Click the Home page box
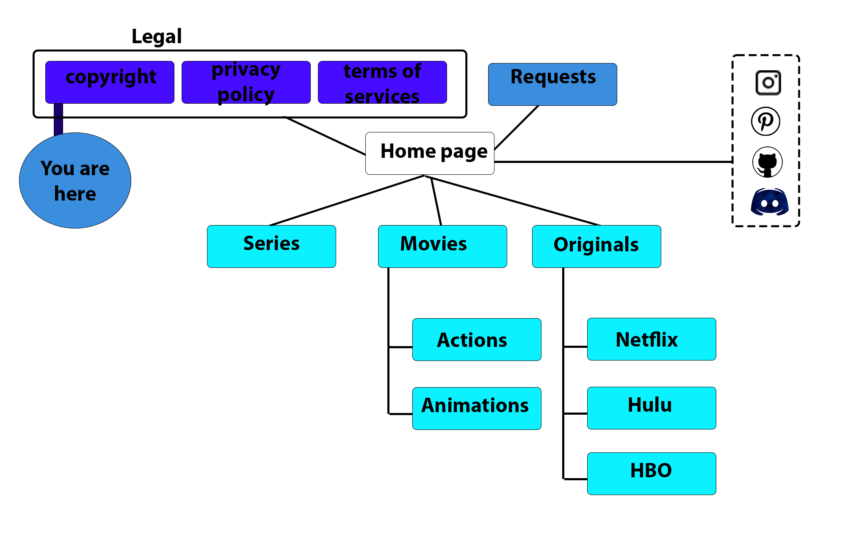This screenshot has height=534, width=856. (430, 153)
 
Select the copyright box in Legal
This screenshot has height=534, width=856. (110, 82)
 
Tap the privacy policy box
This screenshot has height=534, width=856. (246, 82)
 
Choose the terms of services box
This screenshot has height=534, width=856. (382, 82)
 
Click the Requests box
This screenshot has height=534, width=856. (552, 84)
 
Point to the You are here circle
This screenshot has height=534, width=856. (75, 181)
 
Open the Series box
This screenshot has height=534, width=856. (271, 246)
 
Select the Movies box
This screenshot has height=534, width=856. (442, 246)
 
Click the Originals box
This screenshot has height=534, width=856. (596, 246)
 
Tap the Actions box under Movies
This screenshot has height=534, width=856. (477, 339)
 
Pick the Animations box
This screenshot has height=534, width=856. (477, 408)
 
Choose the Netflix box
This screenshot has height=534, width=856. (652, 339)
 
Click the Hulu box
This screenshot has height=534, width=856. (652, 408)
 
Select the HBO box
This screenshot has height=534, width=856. (652, 473)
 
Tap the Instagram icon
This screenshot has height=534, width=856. (768, 83)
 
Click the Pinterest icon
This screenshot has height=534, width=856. (765, 121)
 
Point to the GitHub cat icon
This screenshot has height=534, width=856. (767, 162)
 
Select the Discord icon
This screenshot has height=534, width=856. (770, 202)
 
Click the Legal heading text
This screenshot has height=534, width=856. (157, 37)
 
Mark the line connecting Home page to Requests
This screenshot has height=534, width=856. (516, 127)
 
